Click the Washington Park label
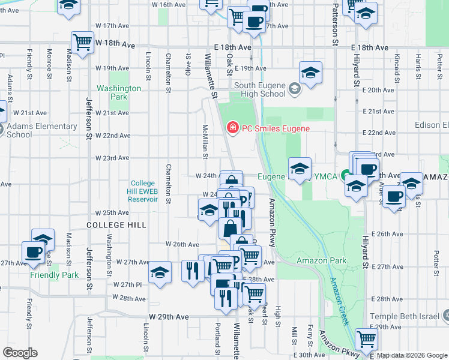pyautogui.click(x=119, y=92)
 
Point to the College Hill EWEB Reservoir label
pyautogui.click(x=143, y=191)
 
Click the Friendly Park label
pyautogui.click(x=55, y=275)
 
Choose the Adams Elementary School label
pyautogui.click(x=41, y=130)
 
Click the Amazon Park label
pyautogui.click(x=322, y=260)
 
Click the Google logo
pyautogui.click(x=20, y=353)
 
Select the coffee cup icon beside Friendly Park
pyautogui.click(x=33, y=252)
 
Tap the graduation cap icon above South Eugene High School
pyautogui.click(x=310, y=73)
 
